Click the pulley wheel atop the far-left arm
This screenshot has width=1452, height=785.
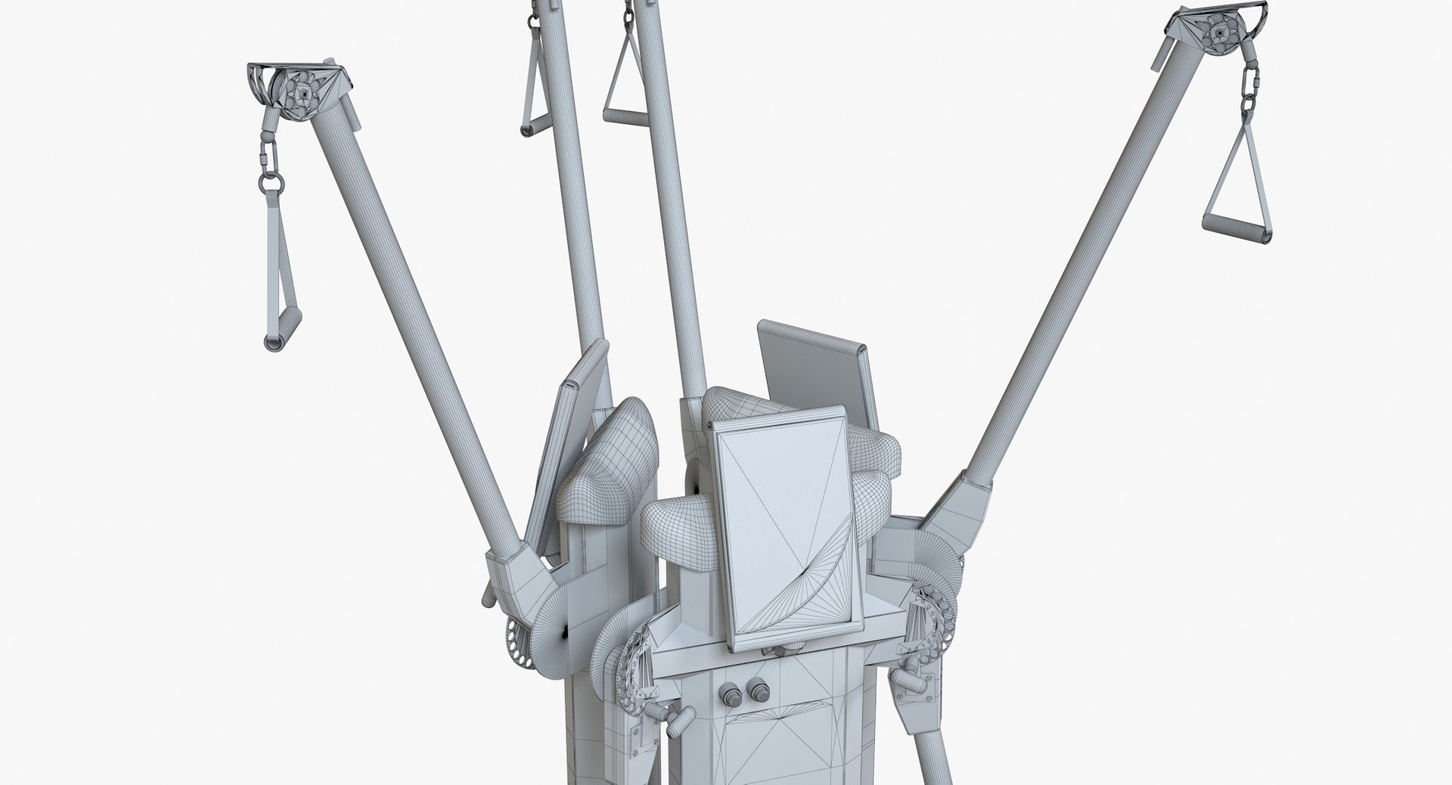point(303,92)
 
